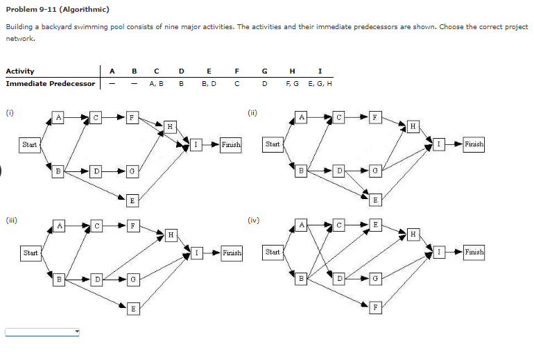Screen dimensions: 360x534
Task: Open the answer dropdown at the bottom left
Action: tap(43, 332)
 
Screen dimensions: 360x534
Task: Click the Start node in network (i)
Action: tap(30, 144)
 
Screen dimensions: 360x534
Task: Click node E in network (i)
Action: tap(132, 199)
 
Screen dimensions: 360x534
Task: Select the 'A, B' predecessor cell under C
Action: tap(156, 83)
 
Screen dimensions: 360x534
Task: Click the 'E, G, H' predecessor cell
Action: tap(319, 83)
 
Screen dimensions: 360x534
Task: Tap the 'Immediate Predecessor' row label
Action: tap(51, 83)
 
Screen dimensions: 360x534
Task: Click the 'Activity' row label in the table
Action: tap(20, 71)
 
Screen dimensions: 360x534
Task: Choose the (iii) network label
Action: tap(10, 221)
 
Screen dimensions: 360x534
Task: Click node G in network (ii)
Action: tap(374, 169)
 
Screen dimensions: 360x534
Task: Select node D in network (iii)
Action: tap(97, 278)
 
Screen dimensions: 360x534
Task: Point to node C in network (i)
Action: tap(97, 118)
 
